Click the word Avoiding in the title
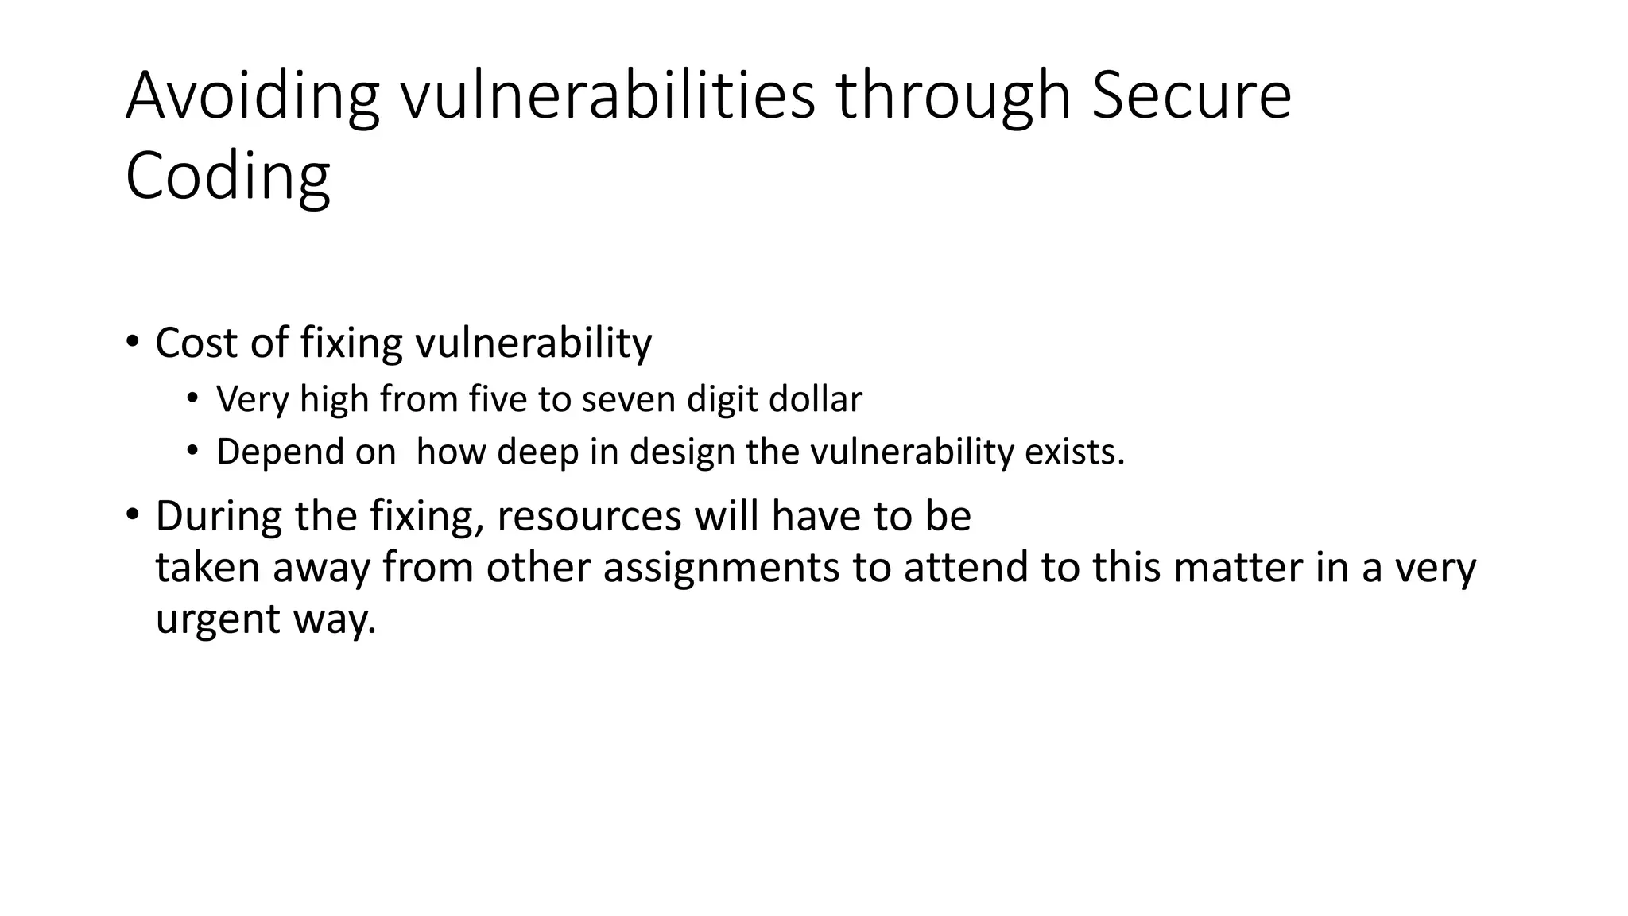[x=252, y=96]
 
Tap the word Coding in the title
[x=227, y=177]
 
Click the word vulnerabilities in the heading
[x=607, y=96]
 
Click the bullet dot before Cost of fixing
[x=132, y=343]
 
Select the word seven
[x=629, y=399]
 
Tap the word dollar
[x=816, y=399]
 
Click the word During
[x=219, y=516]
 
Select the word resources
[x=589, y=516]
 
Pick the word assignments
[x=721, y=568]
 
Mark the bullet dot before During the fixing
[x=132, y=514]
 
